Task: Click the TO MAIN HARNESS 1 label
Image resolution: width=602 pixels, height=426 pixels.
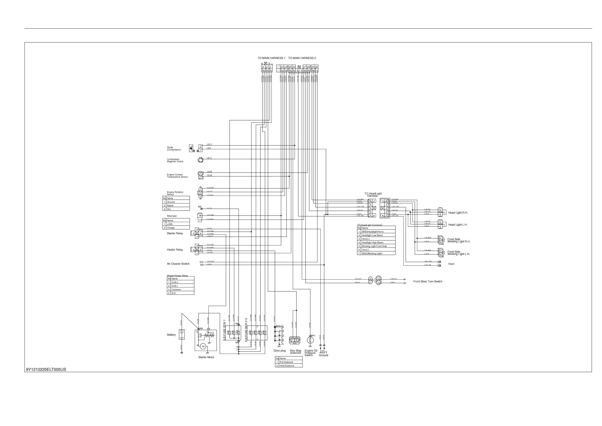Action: (271, 58)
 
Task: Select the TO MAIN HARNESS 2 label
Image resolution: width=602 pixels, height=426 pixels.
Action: (302, 58)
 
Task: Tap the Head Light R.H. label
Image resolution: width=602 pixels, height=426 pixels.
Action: (458, 212)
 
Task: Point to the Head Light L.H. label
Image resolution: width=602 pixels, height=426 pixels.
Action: (457, 225)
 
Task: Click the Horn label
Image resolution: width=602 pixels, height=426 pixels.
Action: (451, 264)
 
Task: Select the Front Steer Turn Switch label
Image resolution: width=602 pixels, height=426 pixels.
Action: (428, 281)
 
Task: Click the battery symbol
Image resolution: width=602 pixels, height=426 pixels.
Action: (181, 334)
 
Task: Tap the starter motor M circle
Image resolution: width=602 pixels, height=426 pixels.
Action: (203, 347)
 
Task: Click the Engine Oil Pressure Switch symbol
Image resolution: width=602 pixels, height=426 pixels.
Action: (310, 340)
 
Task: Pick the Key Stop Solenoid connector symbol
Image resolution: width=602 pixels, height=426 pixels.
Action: (294, 340)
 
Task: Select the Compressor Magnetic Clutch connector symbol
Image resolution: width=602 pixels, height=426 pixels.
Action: (201, 160)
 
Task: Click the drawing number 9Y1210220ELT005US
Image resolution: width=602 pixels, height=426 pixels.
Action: (46, 370)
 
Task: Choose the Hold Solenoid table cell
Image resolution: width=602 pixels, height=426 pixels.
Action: (287, 366)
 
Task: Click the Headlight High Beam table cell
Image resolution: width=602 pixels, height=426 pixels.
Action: (372, 243)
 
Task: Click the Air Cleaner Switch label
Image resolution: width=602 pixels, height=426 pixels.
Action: (178, 264)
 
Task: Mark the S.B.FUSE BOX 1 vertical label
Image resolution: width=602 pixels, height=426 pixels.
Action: (224, 330)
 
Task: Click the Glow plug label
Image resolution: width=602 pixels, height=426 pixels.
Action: (280, 351)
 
